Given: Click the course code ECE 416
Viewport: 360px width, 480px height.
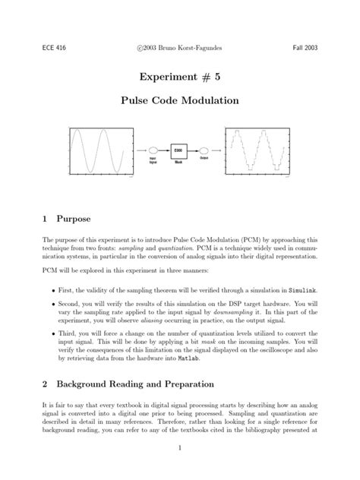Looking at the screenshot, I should pos(53,47).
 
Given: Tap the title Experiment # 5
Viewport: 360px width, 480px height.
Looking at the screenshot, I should pos(179,77).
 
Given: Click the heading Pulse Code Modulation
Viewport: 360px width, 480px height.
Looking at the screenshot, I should pos(179,100).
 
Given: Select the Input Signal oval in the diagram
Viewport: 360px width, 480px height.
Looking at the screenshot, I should pos(153,150).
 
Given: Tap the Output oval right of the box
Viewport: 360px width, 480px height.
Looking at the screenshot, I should pos(204,150).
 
